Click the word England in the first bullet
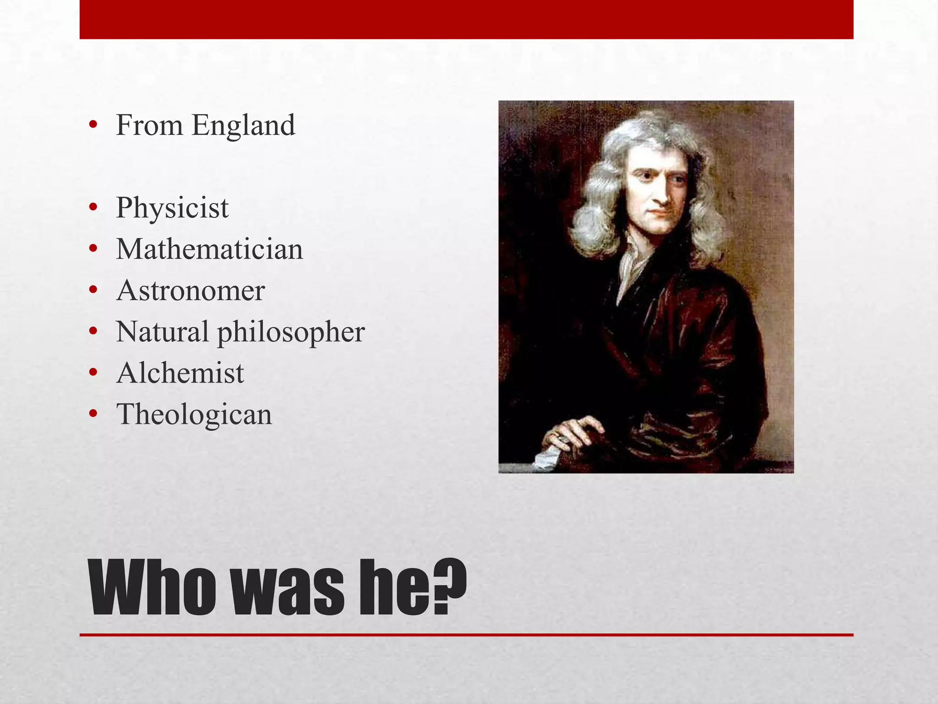pyautogui.click(x=243, y=126)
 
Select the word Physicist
pyautogui.click(x=172, y=208)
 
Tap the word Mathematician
pyautogui.click(x=209, y=249)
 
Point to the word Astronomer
pyautogui.click(x=191, y=291)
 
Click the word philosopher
pyautogui.click(x=291, y=332)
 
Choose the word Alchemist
pyautogui.click(x=180, y=373)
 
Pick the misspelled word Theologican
pyautogui.click(x=194, y=414)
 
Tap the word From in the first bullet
pyautogui.click(x=149, y=125)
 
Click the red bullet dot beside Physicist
pyautogui.click(x=93, y=208)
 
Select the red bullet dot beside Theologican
pyautogui.click(x=93, y=414)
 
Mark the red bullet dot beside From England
pyautogui.click(x=93, y=125)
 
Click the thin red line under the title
pyautogui.click(x=466, y=635)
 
